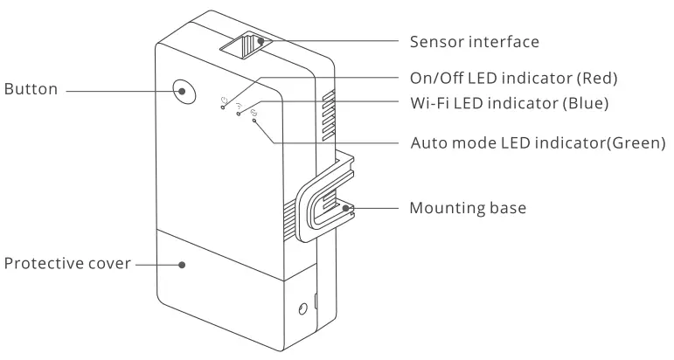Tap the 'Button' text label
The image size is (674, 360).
[x=31, y=90]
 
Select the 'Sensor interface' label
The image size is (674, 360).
[x=475, y=41]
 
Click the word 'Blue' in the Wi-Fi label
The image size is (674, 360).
[x=587, y=102]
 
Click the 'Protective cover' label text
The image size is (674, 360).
[x=66, y=263]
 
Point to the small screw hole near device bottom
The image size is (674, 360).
[x=302, y=308]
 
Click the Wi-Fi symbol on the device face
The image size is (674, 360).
[x=239, y=105]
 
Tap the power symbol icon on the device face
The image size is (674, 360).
[x=226, y=99]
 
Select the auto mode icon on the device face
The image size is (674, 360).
[x=254, y=114]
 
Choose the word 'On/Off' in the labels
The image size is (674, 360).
[x=434, y=79]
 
